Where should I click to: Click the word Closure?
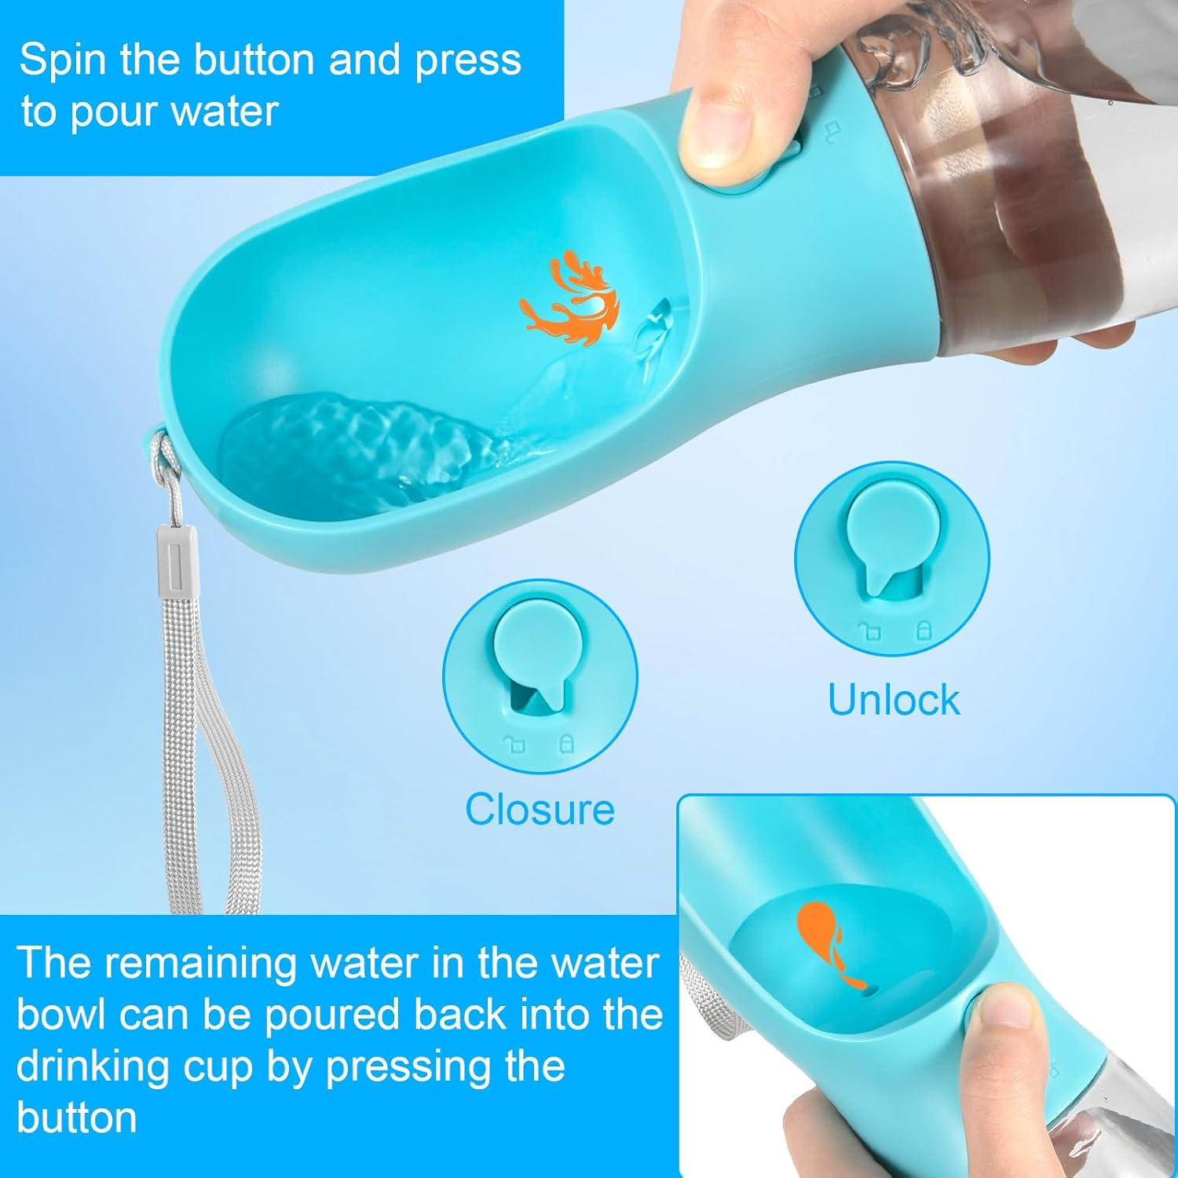tap(540, 809)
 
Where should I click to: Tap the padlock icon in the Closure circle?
tap(565, 743)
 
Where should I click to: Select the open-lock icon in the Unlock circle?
tap(869, 631)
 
